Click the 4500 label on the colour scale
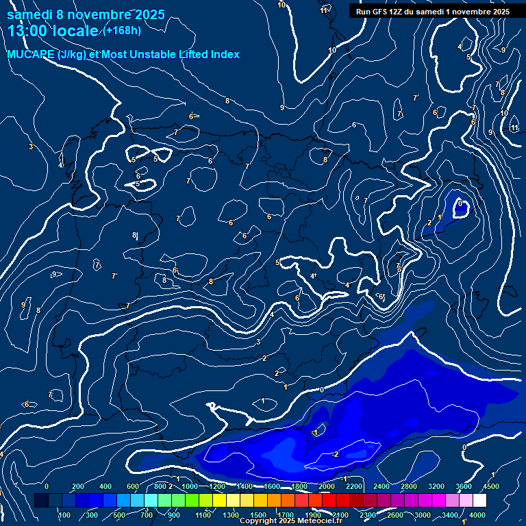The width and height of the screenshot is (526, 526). (491, 486)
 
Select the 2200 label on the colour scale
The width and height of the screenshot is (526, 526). (354, 486)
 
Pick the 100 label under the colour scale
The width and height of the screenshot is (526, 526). (64, 515)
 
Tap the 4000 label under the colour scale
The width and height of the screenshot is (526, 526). (477, 515)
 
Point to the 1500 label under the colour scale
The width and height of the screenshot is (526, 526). (258, 515)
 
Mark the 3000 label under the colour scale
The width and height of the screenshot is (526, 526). (423, 515)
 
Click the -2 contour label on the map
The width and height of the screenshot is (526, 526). (335, 454)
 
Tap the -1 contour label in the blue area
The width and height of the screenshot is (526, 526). (315, 433)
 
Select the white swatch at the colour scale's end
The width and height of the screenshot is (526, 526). (479, 501)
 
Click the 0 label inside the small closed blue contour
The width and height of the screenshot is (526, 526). (461, 203)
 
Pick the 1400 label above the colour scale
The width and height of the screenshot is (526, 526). (245, 486)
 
